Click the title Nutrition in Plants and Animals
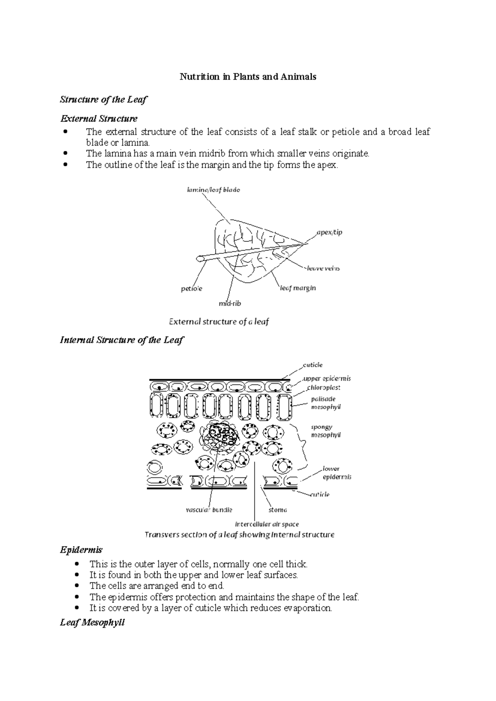(248, 77)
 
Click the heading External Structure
(99, 119)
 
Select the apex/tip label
(329, 232)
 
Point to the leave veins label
(323, 268)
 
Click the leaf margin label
(298, 288)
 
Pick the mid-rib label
(229, 303)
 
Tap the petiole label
(191, 289)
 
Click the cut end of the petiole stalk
(200, 259)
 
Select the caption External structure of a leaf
(219, 322)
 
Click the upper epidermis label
(327, 379)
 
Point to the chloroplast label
(324, 388)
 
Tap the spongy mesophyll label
(325, 431)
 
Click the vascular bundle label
(209, 510)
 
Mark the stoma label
(278, 510)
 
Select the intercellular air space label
(267, 524)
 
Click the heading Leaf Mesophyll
(92, 622)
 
